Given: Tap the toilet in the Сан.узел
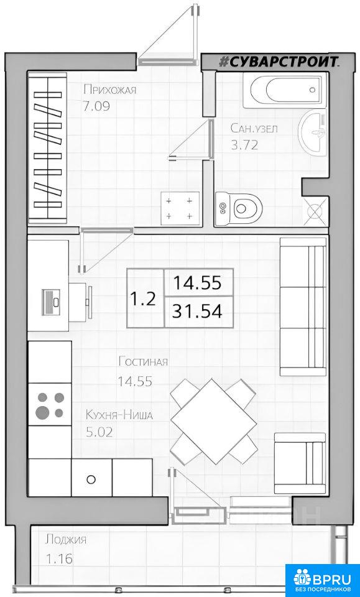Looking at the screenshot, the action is pos(239,208).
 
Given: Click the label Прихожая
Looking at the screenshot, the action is pos(109,90).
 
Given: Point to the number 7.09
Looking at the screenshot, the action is pos(96,106).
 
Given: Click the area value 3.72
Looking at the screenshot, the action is pos(245,145).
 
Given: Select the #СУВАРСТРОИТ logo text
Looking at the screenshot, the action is pos(280,62).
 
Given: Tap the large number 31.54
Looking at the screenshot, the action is pos(196,312).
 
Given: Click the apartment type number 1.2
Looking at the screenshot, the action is pos(143,299).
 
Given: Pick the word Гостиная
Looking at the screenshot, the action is pos(143,361).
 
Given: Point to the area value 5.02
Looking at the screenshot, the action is pos(99,432).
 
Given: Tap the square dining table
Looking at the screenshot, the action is pos(213,422).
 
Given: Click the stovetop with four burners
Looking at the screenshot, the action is pos(50,404).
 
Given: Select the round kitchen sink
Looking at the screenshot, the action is pos(91,479).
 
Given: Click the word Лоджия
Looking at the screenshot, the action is pos(66,539).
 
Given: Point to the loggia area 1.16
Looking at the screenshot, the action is pos(59,559).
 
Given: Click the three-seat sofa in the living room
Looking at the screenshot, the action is pos(303,307).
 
